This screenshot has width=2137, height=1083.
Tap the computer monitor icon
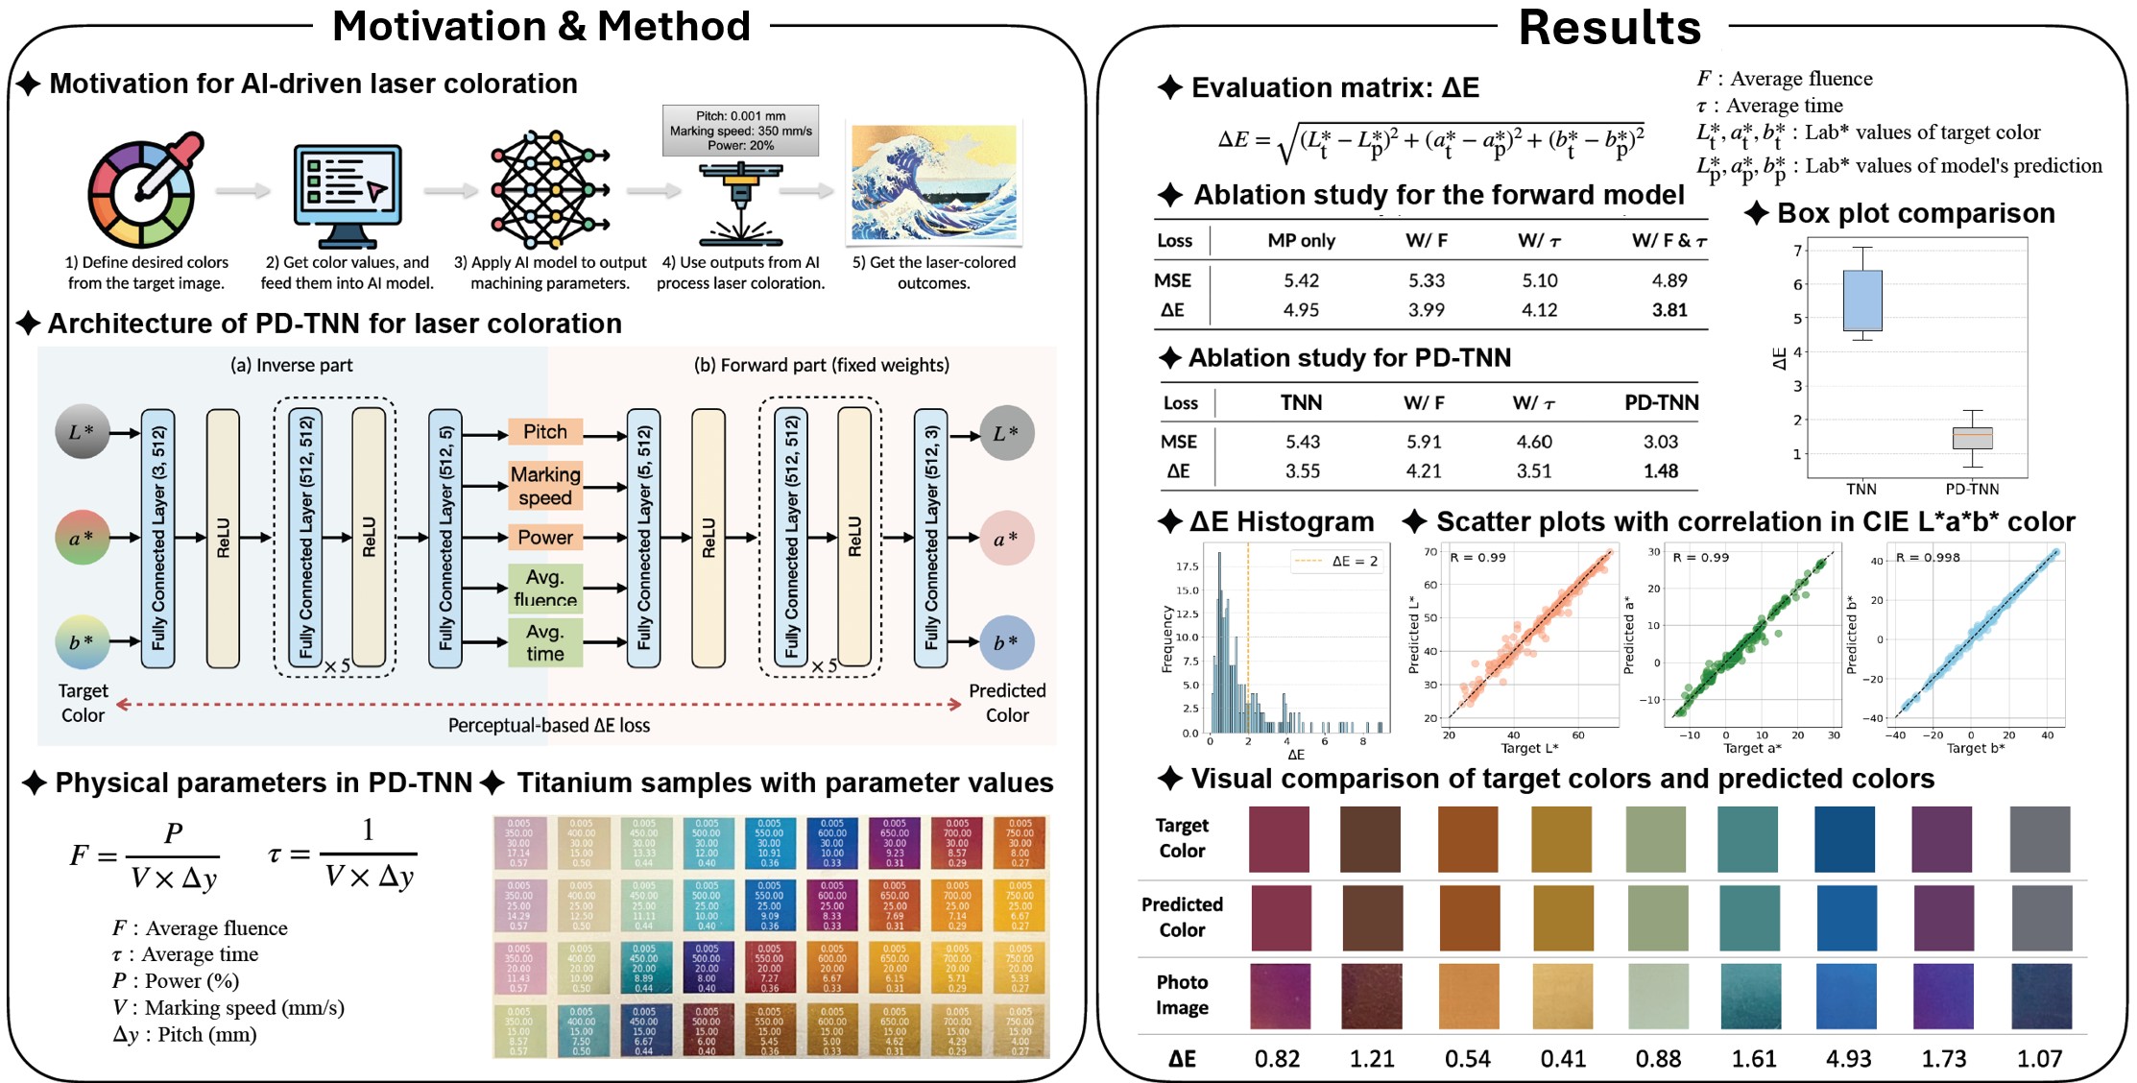click(347, 195)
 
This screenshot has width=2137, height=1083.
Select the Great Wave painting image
click(933, 182)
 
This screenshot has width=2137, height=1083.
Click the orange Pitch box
click(544, 432)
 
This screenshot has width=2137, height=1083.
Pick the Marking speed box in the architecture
click(544, 486)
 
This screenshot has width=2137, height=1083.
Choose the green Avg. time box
click(544, 643)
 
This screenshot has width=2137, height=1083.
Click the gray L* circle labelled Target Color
click(83, 431)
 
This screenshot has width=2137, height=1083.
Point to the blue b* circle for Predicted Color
click(1006, 642)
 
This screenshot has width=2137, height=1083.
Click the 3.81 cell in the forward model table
click(1669, 310)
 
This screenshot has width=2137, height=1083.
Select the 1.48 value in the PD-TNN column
click(1660, 471)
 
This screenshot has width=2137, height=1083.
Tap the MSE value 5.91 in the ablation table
click(1424, 442)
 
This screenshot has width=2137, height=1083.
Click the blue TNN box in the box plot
click(1862, 301)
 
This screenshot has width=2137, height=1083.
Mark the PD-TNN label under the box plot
click(1972, 489)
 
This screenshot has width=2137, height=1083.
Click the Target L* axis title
click(1529, 749)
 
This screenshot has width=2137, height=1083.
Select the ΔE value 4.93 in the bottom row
click(1848, 1059)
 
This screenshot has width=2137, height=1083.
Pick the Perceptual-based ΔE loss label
click(548, 726)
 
